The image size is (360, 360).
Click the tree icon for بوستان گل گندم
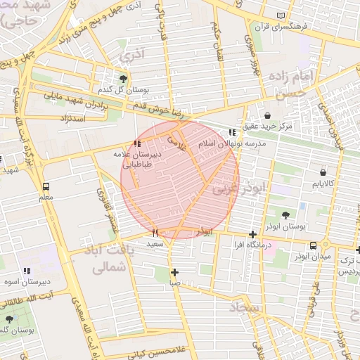124,78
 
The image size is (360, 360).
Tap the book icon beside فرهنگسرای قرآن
281,15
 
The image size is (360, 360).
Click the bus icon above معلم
46,187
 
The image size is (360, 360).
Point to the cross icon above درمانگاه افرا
252,234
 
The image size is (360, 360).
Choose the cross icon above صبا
174,272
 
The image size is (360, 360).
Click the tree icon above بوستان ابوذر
285,215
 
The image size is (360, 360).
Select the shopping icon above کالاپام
323,172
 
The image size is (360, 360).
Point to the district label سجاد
244,308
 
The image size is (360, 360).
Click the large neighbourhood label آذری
131,54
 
